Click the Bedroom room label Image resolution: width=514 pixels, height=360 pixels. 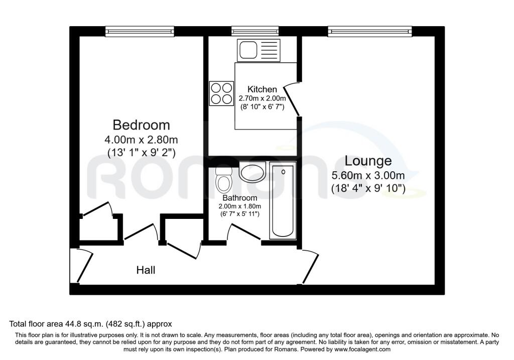pos(141,125)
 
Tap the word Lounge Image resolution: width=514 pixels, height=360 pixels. pos(368,161)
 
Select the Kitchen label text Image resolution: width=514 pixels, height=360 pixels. pos(262,89)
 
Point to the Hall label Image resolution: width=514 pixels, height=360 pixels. pos(146,270)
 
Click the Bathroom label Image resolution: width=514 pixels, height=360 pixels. pos(239,198)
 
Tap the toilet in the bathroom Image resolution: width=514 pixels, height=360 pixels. pos(224,180)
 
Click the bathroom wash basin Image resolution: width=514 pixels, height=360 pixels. pos(252,172)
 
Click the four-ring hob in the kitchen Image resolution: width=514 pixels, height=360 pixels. pos(221,93)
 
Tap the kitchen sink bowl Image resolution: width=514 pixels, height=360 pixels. pos(248,50)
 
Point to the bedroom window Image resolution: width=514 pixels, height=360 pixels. pos(140,32)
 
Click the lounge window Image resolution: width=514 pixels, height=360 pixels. pos(370,32)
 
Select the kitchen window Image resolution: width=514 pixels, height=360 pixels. pos(255,32)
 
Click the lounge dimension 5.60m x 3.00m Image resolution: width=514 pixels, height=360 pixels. pos(368,175)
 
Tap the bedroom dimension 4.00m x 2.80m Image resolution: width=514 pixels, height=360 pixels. pos(141,140)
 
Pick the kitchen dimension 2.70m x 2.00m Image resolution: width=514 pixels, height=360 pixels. pos(262,98)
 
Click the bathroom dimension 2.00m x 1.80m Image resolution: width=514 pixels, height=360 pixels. pos(239,206)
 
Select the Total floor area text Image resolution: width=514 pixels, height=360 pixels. pos(90,324)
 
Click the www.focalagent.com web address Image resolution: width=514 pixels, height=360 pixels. pos(362,349)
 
